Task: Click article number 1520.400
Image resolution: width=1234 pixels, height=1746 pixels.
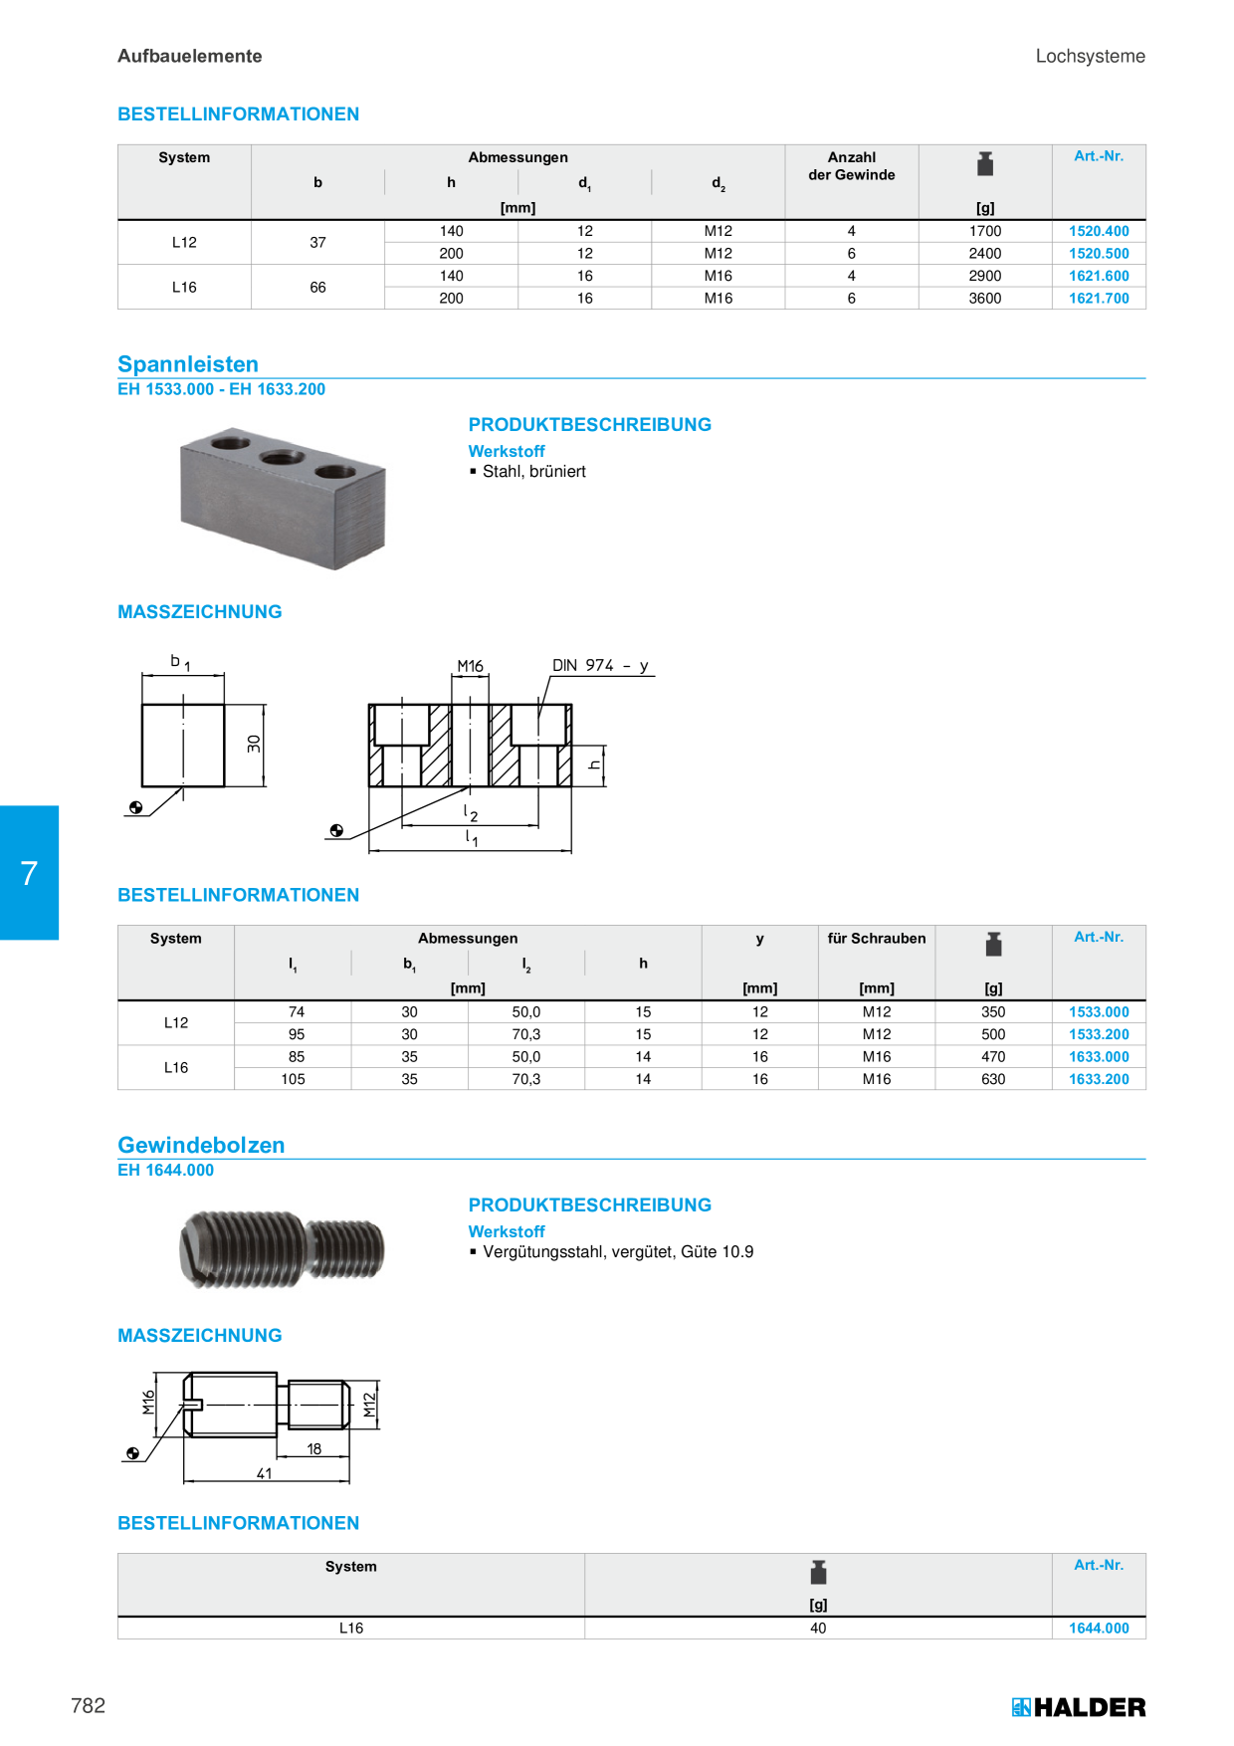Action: coord(1099,231)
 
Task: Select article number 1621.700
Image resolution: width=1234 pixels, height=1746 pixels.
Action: coord(1099,298)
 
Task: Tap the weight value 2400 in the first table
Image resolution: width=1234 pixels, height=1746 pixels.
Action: coord(985,253)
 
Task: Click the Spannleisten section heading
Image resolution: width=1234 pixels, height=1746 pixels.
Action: coord(188,364)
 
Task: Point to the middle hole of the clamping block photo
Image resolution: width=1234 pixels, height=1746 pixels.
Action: coord(281,457)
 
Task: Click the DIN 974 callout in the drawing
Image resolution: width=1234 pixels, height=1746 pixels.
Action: coord(600,665)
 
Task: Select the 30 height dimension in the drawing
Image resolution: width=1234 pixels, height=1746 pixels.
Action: coord(255,744)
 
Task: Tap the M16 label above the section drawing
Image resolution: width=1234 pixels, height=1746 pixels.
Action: coord(470,666)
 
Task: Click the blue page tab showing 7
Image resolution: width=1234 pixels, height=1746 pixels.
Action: coord(29,872)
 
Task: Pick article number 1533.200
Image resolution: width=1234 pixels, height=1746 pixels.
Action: coord(1099,1034)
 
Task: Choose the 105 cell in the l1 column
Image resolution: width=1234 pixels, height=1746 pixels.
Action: coord(293,1079)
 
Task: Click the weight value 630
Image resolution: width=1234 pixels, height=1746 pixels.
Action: coord(993,1079)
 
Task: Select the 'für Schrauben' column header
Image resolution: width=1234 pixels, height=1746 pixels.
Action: coord(877,938)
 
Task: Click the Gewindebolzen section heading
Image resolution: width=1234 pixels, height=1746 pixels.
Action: coord(201,1145)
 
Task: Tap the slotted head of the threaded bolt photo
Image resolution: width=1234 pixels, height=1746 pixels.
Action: coord(195,1250)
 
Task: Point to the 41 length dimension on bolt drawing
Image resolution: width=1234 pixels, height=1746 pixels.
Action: coord(264,1473)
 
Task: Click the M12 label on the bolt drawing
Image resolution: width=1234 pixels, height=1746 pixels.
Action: coord(370,1405)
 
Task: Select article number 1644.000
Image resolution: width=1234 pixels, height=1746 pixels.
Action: coord(1099,1629)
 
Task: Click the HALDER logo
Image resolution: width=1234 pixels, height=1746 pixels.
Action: coord(1079,1707)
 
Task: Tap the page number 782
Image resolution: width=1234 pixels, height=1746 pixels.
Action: coord(88,1705)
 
